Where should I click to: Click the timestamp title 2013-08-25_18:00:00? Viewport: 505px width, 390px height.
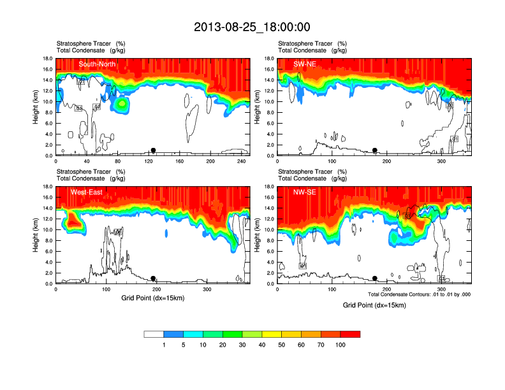[252, 27]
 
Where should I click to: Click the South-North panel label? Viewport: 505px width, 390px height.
[96, 64]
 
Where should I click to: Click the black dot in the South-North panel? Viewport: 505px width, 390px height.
[153, 150]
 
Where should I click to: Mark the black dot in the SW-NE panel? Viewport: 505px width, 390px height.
[375, 150]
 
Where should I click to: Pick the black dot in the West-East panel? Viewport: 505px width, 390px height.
[153, 278]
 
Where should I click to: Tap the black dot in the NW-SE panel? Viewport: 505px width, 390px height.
[375, 278]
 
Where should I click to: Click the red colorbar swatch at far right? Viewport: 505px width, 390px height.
[350, 334]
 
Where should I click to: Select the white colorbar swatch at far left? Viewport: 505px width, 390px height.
[154, 334]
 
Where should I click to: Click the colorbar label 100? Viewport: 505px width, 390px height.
[340, 344]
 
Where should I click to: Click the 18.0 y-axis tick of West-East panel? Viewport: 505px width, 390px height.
[47, 187]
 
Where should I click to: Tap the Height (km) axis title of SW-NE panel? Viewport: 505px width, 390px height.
[256, 107]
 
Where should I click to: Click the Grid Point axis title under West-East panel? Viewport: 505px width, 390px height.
[152, 298]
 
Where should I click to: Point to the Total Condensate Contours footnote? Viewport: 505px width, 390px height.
[419, 294]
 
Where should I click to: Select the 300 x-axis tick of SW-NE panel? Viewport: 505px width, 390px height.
[441, 162]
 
